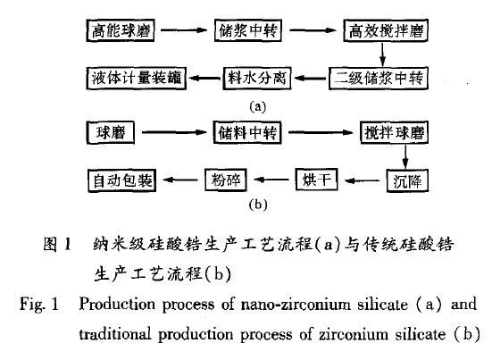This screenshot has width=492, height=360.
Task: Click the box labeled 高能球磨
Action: point(121,30)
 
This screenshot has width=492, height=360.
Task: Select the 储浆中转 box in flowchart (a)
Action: point(248,30)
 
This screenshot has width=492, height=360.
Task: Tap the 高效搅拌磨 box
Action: point(386,30)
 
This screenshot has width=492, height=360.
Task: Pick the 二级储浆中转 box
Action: point(379,78)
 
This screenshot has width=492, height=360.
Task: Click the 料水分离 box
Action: point(257,78)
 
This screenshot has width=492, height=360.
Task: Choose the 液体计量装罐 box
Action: point(137,78)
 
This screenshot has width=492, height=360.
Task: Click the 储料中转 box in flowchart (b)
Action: point(247,132)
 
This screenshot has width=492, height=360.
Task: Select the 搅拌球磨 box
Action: point(395,132)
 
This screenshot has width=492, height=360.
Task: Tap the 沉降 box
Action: point(407,180)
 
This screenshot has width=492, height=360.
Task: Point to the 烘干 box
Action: point(317,180)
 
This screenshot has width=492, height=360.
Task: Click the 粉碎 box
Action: point(226,180)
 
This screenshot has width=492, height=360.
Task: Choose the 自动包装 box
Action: point(122,180)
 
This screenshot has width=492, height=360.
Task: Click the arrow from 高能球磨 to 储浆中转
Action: point(184,30)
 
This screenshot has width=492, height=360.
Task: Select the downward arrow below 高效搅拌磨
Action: point(382,54)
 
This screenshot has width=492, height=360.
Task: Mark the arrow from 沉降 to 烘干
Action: point(363,180)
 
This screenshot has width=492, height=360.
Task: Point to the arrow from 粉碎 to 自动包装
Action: point(180,180)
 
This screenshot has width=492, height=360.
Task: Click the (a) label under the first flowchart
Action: point(258,107)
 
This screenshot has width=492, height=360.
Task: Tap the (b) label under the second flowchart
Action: point(258,205)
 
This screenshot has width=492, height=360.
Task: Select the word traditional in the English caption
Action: point(115,333)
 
